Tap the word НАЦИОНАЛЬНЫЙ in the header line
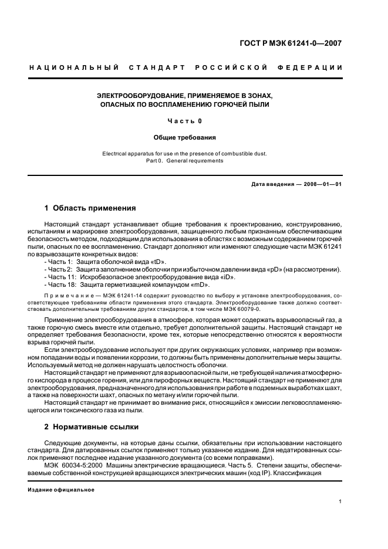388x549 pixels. point(74,68)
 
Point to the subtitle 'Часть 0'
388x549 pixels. point(185,121)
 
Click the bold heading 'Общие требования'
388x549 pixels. point(185,138)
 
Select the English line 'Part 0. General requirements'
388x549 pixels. point(185,160)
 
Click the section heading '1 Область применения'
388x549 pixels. point(90,208)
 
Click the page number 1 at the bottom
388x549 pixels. point(340,501)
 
